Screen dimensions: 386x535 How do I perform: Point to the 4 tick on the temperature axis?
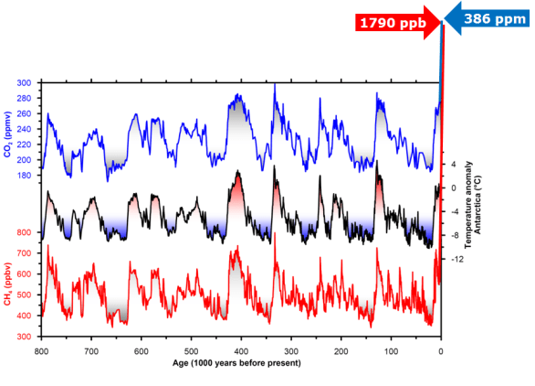tap(453, 165)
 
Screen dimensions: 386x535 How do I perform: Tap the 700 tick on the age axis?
tap(90, 351)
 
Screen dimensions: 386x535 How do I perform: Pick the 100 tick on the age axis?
tap(391, 351)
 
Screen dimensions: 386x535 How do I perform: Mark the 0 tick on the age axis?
tap(441, 351)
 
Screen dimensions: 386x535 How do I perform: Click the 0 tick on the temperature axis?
tap(453, 188)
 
